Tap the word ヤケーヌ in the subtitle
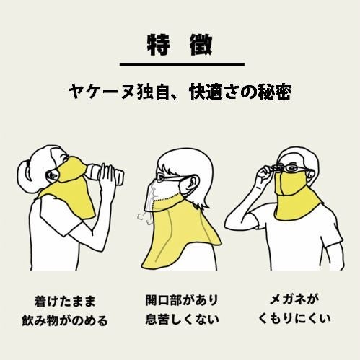coord(97,94)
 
